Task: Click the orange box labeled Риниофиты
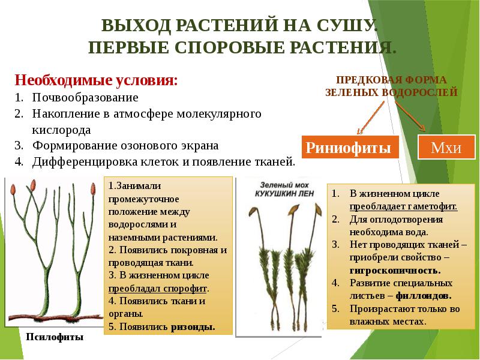pyautogui.click(x=350, y=147)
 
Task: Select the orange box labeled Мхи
pyautogui.click(x=446, y=147)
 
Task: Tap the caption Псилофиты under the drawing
pyautogui.click(x=55, y=337)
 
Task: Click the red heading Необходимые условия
pyautogui.click(x=96, y=80)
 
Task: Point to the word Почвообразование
pyautogui.click(x=85, y=98)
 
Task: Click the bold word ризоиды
pyautogui.click(x=193, y=327)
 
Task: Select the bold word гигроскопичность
pyautogui.click(x=395, y=271)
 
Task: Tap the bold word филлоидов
pyautogui.click(x=424, y=296)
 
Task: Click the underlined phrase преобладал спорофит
pyautogui.click(x=158, y=289)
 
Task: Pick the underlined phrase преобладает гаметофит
pyautogui.click(x=403, y=206)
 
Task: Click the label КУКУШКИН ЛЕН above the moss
pyautogui.click(x=284, y=193)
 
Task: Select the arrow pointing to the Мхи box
pyautogui.click(x=410, y=116)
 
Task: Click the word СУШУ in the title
pyautogui.click(x=346, y=25)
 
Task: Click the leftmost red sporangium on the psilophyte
pyautogui.click(x=13, y=190)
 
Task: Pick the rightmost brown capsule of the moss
pyautogui.click(x=319, y=211)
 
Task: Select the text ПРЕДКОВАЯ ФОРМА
pyautogui.click(x=391, y=80)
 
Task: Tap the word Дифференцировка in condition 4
pyautogui.click(x=85, y=161)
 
